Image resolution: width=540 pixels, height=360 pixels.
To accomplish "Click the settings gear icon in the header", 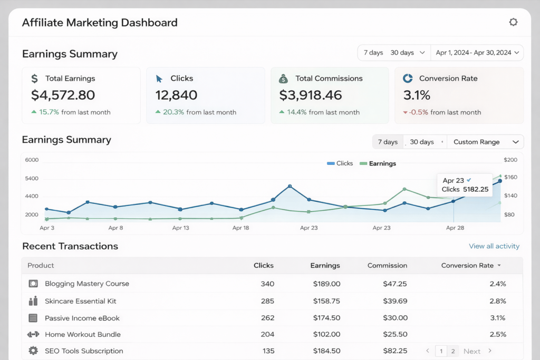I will pyautogui.click(x=513, y=22).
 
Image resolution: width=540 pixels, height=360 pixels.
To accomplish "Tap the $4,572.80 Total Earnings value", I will pyautogui.click(x=63, y=95).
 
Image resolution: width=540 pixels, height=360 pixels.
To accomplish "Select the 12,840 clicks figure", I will pyautogui.click(x=176, y=95).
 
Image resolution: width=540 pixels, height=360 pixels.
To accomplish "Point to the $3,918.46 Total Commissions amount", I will pyautogui.click(x=310, y=95).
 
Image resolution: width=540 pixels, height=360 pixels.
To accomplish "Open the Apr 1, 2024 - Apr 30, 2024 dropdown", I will pyautogui.click(x=477, y=53).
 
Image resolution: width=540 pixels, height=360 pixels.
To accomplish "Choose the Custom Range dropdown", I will pyautogui.click(x=485, y=142).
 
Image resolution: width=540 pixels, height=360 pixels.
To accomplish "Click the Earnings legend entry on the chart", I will pyautogui.click(x=382, y=163).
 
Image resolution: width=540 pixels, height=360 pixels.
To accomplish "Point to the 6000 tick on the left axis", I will pyautogui.click(x=32, y=160).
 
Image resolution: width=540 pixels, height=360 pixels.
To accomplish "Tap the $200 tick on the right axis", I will pyautogui.click(x=510, y=160).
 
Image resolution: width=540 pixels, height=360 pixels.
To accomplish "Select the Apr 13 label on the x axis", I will pyautogui.click(x=180, y=228).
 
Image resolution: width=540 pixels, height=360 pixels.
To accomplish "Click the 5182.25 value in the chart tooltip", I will pyautogui.click(x=476, y=189).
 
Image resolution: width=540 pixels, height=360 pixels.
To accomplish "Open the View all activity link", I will pyautogui.click(x=494, y=246).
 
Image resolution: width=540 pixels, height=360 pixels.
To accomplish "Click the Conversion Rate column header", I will pyautogui.click(x=467, y=266).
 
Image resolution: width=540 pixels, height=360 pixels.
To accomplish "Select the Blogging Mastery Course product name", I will pyautogui.click(x=86, y=284).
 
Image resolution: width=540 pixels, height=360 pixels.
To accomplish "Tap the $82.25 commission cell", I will pyautogui.click(x=395, y=351).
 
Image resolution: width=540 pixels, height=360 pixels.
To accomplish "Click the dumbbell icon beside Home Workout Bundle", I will pyautogui.click(x=33, y=334).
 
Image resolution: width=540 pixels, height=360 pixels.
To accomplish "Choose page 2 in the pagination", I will pyautogui.click(x=453, y=351).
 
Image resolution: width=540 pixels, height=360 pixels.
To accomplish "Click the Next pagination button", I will pyautogui.click(x=472, y=351).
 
